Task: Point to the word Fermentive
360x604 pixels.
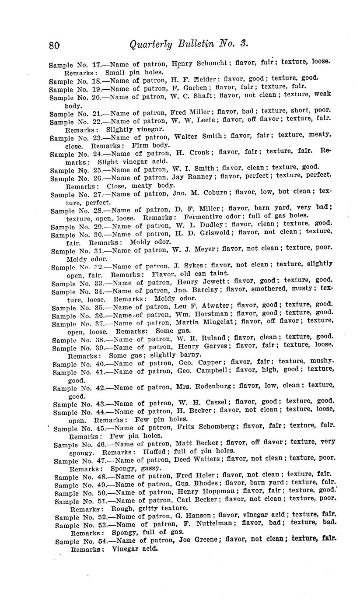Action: [204, 217]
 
